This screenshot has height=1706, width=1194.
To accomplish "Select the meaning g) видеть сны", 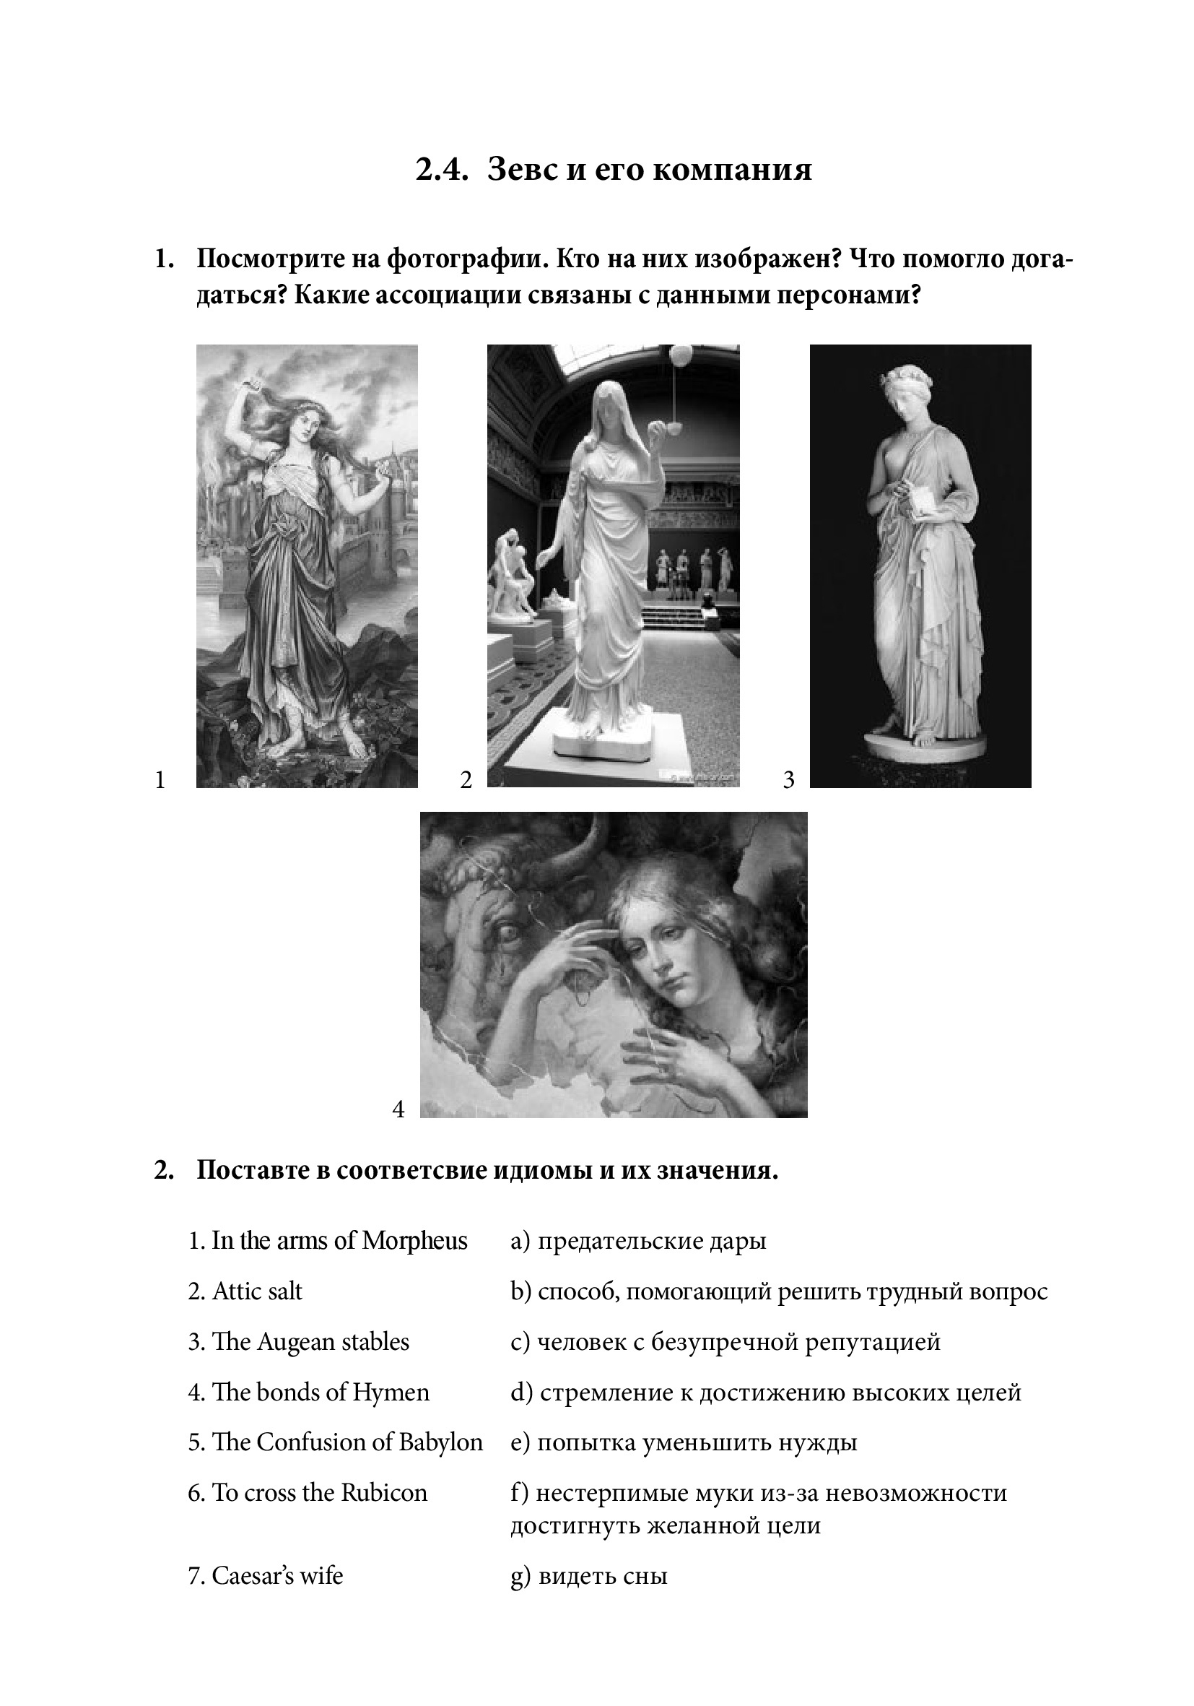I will (x=589, y=1576).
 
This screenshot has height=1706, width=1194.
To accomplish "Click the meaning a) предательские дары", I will (x=639, y=1241).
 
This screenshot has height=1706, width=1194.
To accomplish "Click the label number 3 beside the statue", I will (x=788, y=779).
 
